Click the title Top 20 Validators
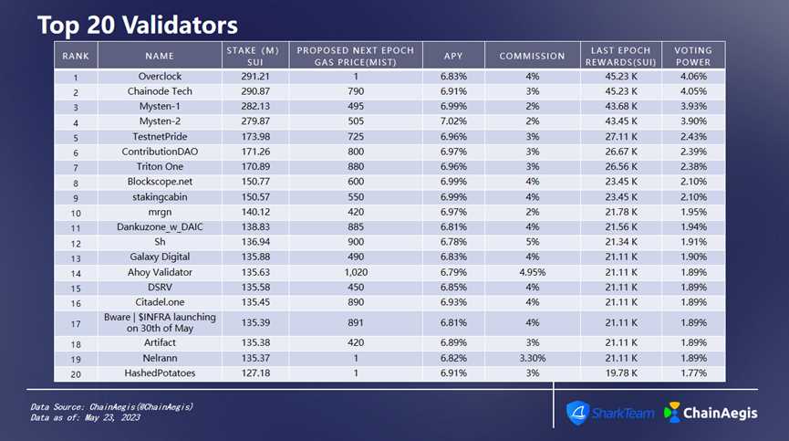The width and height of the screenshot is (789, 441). [137, 24]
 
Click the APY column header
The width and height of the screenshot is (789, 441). [453, 56]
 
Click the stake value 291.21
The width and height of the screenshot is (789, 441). [253, 78]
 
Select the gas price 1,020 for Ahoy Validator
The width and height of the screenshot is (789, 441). [355, 271]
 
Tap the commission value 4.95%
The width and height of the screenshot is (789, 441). [531, 271]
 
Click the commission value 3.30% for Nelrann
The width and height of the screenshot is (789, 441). [531, 359]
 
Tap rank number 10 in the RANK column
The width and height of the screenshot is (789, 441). [76, 212]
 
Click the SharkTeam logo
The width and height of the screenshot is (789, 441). [610, 413]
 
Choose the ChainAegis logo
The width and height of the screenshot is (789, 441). [711, 413]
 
